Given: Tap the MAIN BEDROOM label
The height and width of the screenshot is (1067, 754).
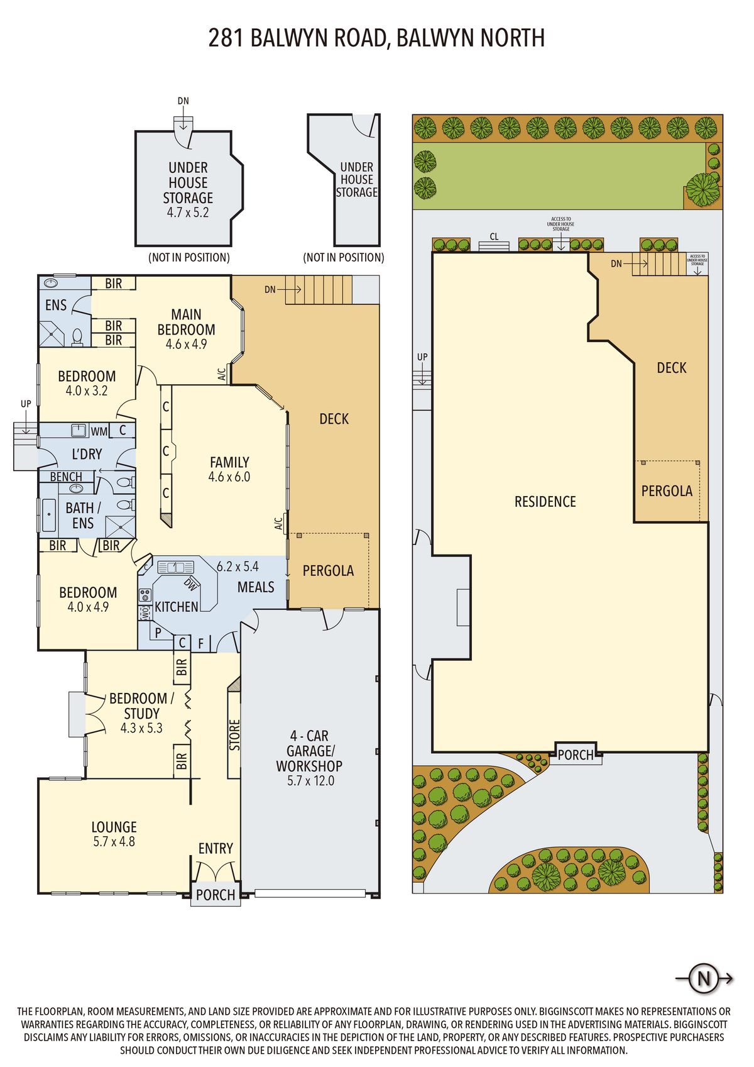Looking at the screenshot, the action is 186,322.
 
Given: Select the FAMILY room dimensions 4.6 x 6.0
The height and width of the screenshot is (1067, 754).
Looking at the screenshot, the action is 229,477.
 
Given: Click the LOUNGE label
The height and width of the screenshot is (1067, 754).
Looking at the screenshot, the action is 114,827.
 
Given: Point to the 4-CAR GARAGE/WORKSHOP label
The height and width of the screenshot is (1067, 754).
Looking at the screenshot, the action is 309,751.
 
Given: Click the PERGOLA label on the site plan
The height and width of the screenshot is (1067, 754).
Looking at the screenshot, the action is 667,491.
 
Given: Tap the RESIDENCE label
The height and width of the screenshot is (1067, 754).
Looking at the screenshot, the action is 545,501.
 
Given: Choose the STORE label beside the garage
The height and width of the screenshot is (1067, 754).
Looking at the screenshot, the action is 234,734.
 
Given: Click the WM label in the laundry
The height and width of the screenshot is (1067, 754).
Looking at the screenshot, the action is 99,431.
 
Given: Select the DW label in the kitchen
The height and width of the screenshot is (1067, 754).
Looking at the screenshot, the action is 190,584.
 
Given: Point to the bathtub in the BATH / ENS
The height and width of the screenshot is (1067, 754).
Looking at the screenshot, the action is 48,515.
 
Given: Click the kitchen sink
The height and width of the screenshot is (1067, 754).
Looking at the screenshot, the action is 176,567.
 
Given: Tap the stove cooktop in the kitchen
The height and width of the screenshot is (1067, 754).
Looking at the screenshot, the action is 145,595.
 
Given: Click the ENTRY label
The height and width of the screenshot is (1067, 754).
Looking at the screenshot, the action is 216,848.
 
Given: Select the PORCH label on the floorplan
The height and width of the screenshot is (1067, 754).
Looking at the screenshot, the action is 216,895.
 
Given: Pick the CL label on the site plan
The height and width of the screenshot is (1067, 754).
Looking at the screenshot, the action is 494,236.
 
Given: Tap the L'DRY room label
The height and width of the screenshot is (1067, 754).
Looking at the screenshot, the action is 87,454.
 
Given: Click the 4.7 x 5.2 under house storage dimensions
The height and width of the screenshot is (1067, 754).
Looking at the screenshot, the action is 187,213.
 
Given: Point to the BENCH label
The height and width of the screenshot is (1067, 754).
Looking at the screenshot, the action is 66,477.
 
